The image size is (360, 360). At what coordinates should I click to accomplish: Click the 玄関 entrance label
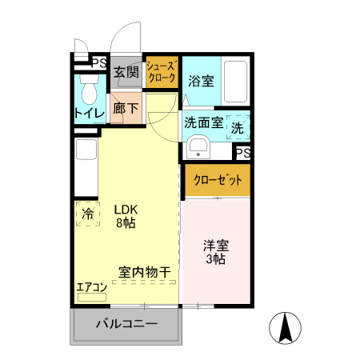[126, 73]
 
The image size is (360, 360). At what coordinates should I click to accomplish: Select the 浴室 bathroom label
[200, 82]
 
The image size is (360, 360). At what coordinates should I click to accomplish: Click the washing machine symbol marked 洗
[238, 126]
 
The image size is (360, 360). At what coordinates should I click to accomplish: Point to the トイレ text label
[90, 114]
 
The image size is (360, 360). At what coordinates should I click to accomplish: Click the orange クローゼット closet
[217, 180]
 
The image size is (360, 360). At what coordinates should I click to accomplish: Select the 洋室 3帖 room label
[215, 252]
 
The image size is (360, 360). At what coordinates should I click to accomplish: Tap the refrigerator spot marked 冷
[87, 214]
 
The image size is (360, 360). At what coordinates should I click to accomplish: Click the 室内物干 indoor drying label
[145, 273]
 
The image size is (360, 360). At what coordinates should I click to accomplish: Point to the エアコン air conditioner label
[91, 287]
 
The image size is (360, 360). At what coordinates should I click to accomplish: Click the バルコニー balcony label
[127, 325]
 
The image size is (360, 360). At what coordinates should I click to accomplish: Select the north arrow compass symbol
[286, 328]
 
